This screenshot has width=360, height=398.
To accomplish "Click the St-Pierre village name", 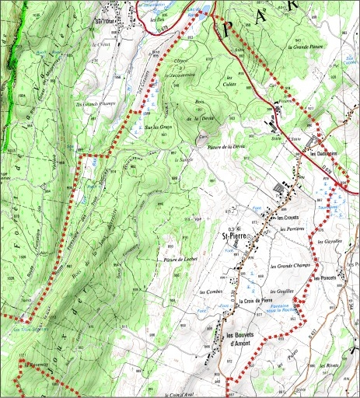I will [234, 236].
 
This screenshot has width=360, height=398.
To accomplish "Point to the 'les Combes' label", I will [210, 292].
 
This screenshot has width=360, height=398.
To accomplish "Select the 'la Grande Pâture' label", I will [309, 47].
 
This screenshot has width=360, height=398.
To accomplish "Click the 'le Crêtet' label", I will [102, 44].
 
